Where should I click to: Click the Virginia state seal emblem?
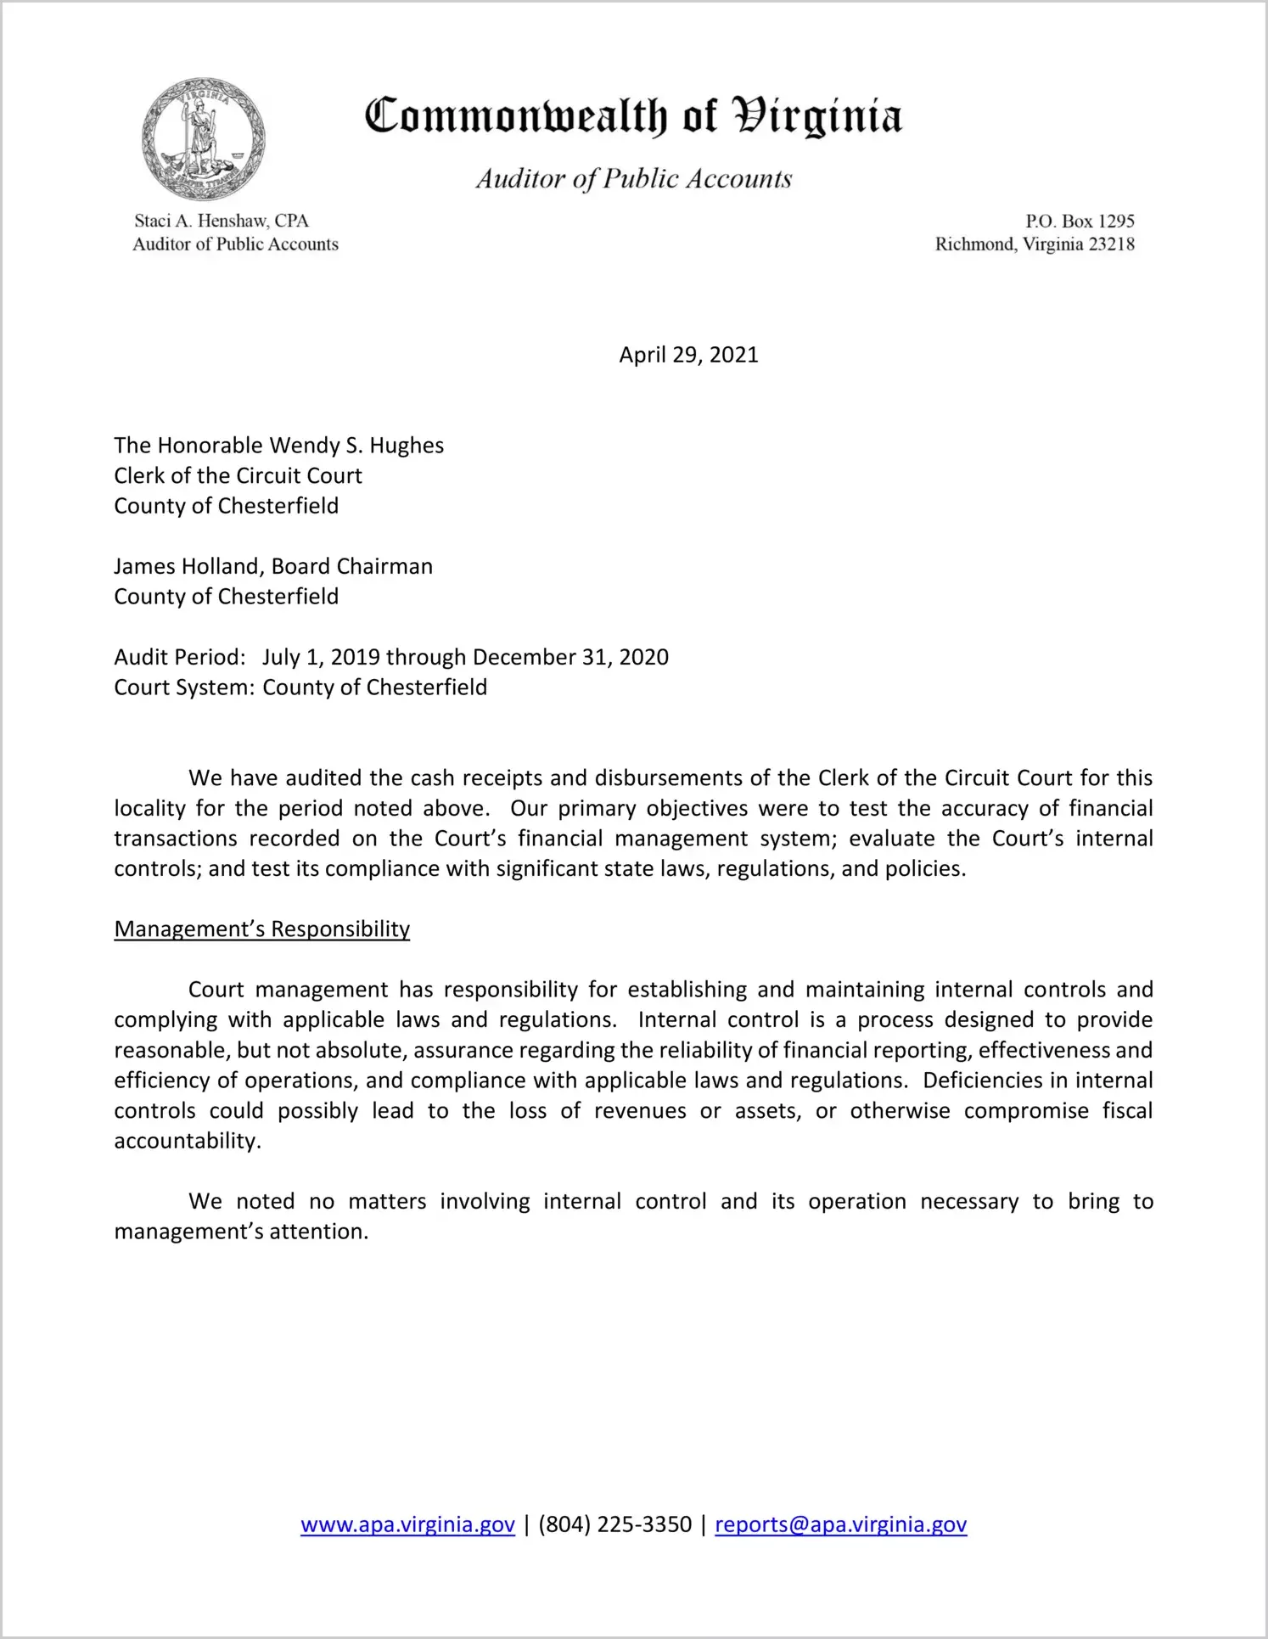point(203,139)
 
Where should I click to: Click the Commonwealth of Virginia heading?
point(633,117)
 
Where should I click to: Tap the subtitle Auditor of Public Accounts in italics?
point(633,178)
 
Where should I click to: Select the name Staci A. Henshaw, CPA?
point(221,221)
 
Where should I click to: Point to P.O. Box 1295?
point(1080,221)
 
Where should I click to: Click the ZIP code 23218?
point(1111,244)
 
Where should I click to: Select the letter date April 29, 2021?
point(688,355)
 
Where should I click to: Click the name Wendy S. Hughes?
point(356,446)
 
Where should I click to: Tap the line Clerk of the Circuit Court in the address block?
point(238,475)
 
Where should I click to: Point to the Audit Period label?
point(179,657)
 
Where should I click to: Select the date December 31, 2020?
point(570,657)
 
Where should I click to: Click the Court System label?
point(183,688)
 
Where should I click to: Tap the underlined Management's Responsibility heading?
point(261,929)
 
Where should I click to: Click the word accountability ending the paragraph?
point(186,1141)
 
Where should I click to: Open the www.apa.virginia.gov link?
point(407,1524)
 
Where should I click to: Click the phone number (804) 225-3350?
point(614,1524)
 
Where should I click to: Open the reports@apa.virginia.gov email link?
point(840,1524)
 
